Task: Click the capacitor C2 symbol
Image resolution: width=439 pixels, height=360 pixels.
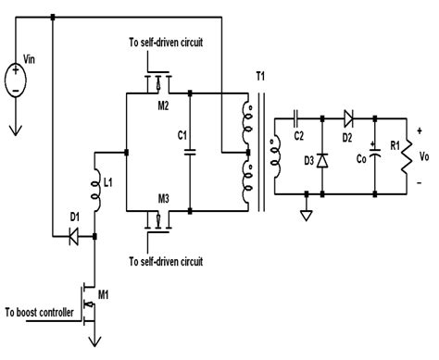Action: point(295,118)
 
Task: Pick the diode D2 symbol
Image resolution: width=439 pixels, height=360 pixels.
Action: point(348,118)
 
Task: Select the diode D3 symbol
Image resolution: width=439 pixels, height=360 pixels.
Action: point(321,158)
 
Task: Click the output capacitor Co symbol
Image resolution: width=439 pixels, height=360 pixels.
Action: point(375,155)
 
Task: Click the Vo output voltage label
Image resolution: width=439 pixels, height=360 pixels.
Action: point(427,155)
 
